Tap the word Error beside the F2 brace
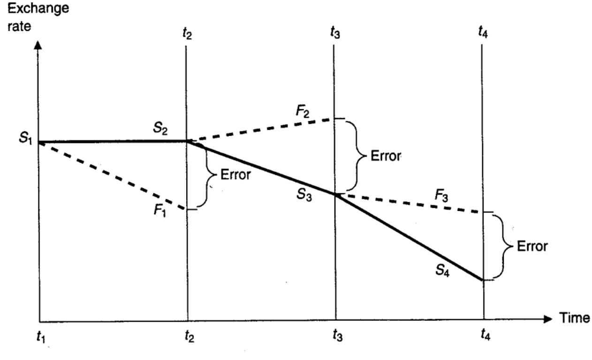(386, 155)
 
